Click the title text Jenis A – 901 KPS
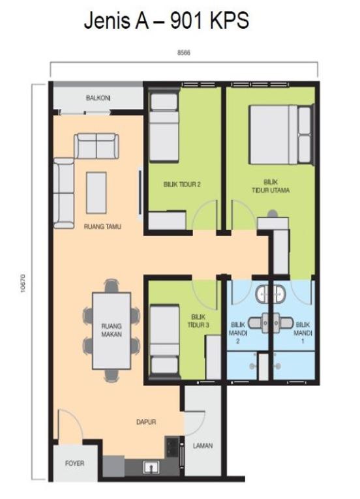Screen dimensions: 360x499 (x=166, y=21)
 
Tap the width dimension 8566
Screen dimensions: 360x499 (x=184, y=53)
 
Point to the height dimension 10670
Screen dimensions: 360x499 (x=23, y=283)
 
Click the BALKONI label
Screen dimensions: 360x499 (x=98, y=98)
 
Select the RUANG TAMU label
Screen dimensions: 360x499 (x=102, y=226)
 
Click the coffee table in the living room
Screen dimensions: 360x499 (x=96, y=192)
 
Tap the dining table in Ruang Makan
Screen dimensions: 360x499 (x=112, y=331)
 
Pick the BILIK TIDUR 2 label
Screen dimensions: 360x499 (x=182, y=184)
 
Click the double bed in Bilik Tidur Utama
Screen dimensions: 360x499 (x=280, y=135)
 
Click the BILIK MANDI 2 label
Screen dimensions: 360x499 (x=238, y=333)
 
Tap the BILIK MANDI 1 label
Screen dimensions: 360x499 (x=303, y=333)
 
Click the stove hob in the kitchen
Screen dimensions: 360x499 (x=172, y=447)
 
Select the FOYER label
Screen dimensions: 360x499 (x=75, y=463)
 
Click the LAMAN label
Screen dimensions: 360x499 (x=203, y=446)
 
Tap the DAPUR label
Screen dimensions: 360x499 (x=146, y=422)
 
